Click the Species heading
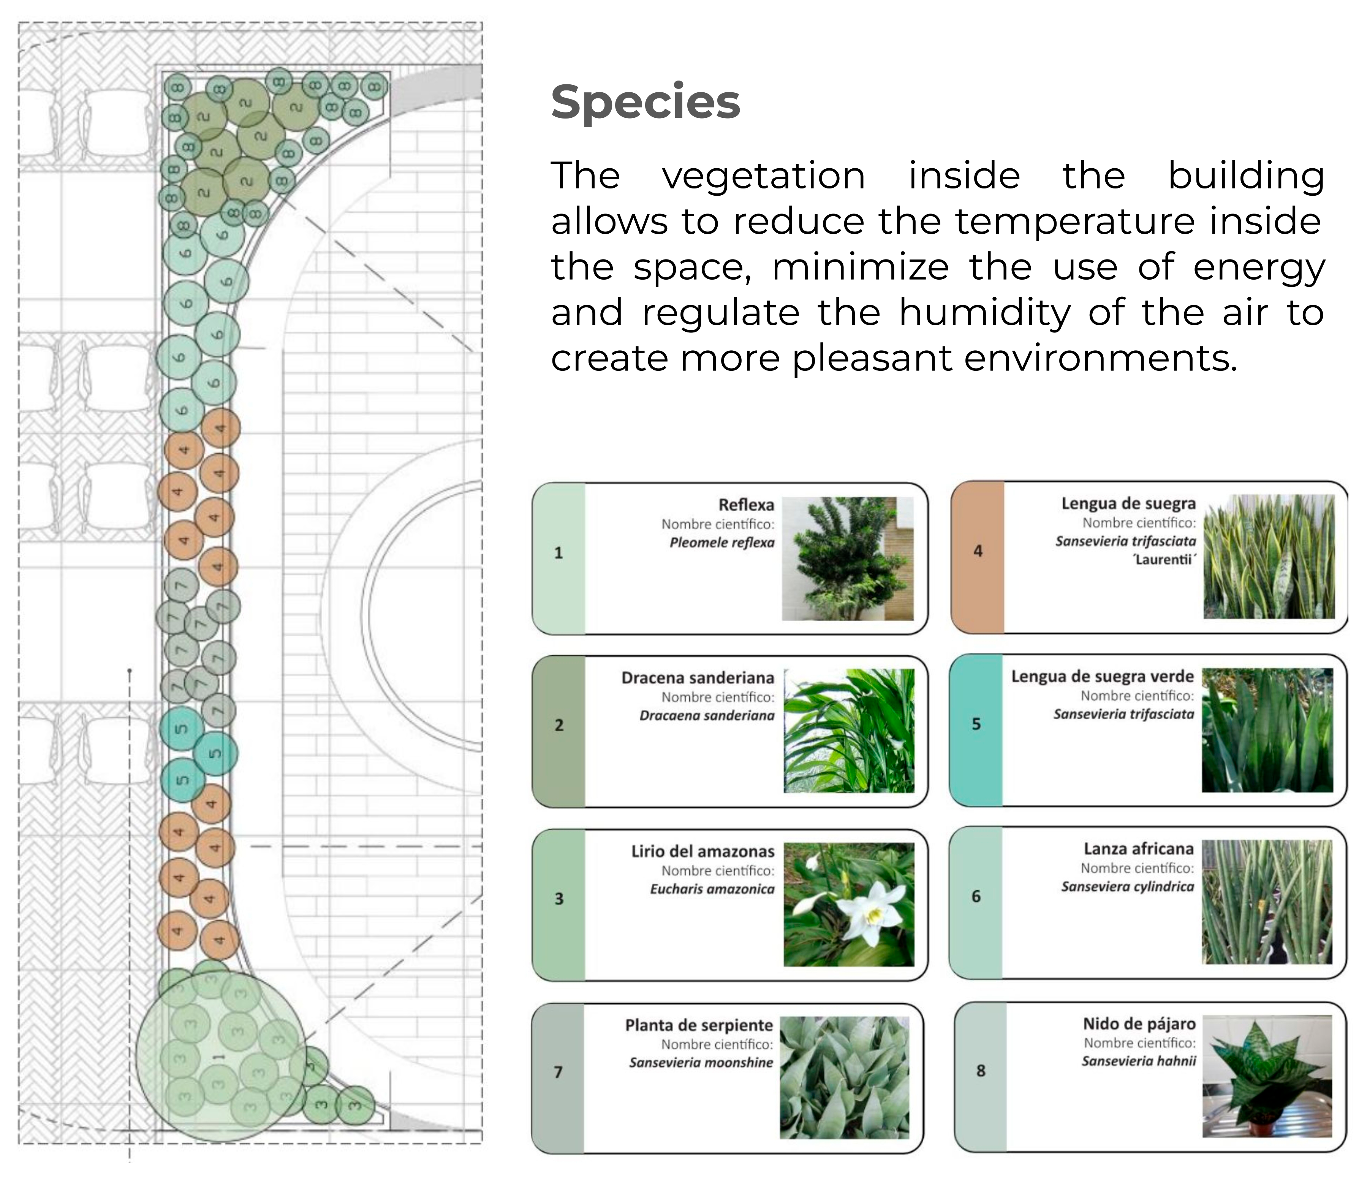tap(645, 102)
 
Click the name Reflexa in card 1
tap(746, 505)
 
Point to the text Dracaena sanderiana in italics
tap(707, 716)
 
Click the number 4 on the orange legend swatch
tap(978, 551)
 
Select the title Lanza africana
tap(1139, 849)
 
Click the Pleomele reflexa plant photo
tap(848, 559)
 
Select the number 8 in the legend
tap(980, 1071)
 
